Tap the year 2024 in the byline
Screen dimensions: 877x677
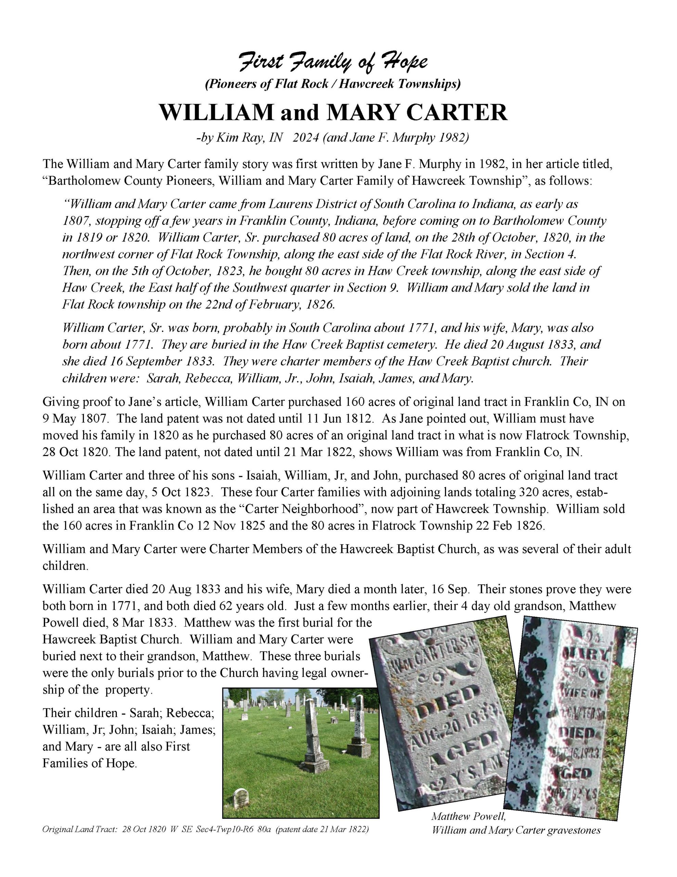pyautogui.click(x=306, y=138)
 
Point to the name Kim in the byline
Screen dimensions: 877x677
pyautogui.click(x=227, y=138)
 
